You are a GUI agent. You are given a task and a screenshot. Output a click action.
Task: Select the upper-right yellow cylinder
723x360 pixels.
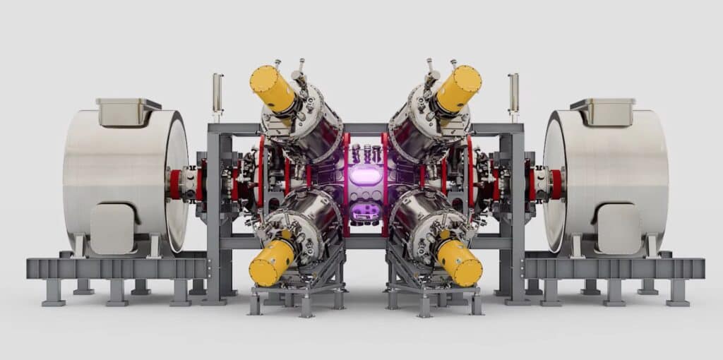(458, 88)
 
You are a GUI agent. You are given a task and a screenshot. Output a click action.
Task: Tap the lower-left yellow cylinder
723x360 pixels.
(271, 262)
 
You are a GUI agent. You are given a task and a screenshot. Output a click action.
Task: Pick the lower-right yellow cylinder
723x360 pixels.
(459, 263)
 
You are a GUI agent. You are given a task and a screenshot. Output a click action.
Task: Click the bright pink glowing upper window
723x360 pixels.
(364, 175)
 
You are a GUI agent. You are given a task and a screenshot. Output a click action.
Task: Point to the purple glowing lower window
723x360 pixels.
(364, 211)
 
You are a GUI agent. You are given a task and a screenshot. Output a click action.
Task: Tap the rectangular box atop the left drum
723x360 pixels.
(128, 112)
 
